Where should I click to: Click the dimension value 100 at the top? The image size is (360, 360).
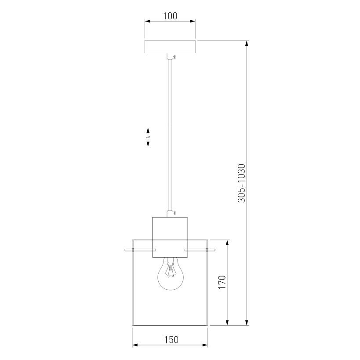click(x=170, y=16)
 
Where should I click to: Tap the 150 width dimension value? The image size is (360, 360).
click(x=171, y=340)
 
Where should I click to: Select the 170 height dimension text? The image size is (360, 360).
click(x=222, y=282)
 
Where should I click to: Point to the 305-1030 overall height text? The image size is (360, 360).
click(x=241, y=183)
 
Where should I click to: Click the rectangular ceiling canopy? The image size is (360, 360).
click(x=170, y=47)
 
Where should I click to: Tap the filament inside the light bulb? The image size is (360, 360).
click(x=170, y=270)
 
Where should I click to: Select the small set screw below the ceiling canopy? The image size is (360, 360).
click(x=175, y=57)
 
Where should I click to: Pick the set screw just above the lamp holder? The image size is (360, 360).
click(x=175, y=213)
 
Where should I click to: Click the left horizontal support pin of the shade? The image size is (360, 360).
click(x=140, y=250)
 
